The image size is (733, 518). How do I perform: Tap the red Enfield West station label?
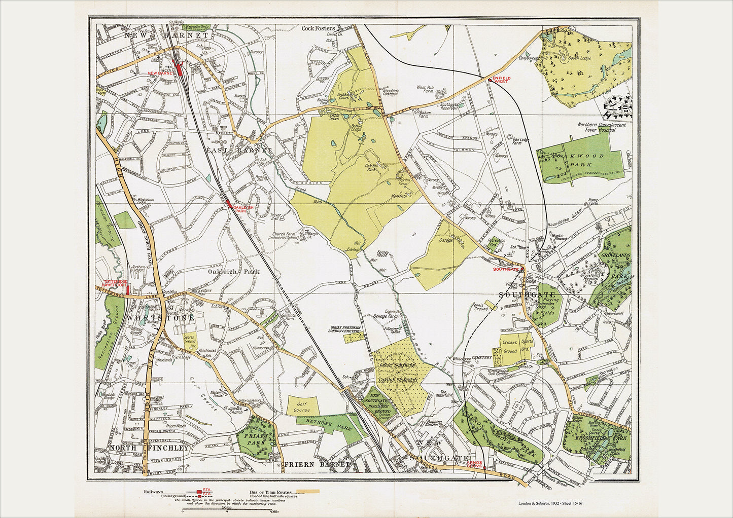pos(501,80)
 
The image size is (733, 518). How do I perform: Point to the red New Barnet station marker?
pos(179,67)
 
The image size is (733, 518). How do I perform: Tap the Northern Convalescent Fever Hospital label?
pos(602,127)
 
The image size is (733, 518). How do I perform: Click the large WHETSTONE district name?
pos(160,318)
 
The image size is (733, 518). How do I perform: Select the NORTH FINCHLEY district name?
pos(143,448)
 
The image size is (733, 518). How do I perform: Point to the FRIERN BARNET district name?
pos(318,464)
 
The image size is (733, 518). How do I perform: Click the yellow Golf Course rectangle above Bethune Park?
pos(303,405)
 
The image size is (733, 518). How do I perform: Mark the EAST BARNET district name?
pos(239,151)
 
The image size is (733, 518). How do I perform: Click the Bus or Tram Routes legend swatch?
pos(307,491)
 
